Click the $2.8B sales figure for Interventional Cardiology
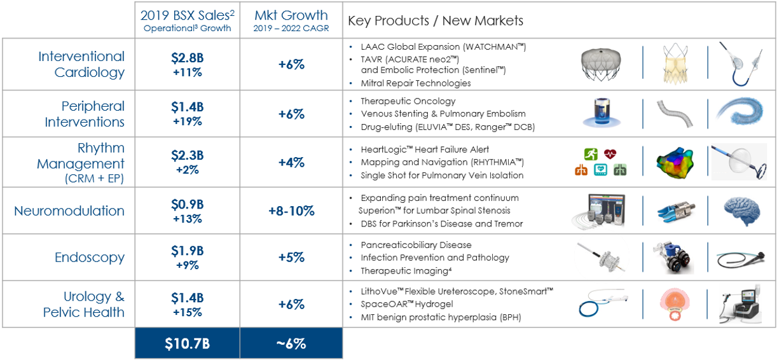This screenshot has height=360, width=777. coord(187,58)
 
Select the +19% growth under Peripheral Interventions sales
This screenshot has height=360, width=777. coord(187,121)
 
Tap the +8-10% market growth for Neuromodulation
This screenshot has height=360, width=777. coord(291,211)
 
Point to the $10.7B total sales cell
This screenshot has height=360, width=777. coord(187,344)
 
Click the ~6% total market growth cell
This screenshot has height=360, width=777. coord(291,344)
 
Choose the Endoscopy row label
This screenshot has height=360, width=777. coord(90,258)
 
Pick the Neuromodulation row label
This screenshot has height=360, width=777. coord(69,211)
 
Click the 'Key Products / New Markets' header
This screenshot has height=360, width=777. coord(436,20)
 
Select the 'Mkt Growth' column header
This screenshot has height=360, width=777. coord(291,15)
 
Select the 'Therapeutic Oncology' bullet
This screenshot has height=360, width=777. coord(408,101)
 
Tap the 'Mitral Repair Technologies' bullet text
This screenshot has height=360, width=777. coord(416,83)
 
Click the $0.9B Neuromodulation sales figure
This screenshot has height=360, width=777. coord(187,205)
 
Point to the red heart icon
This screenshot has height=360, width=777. coord(610,153)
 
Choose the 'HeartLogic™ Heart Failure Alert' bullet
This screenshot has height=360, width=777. coord(425,149)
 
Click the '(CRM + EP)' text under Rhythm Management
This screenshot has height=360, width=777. coord(94,179)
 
